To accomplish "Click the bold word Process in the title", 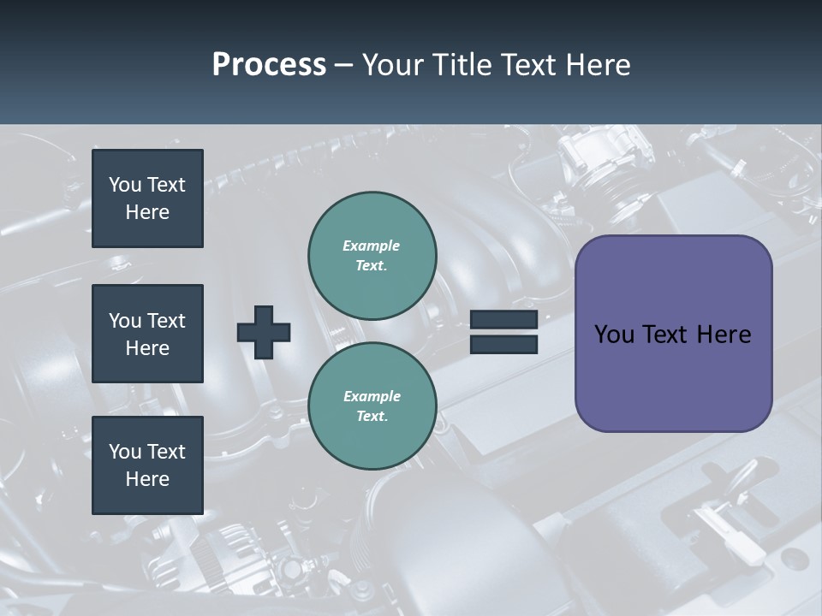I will pyautogui.click(x=269, y=65).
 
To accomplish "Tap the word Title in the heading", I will pyautogui.click(x=462, y=65).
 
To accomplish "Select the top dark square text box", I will pyautogui.click(x=147, y=198).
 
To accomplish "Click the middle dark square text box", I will pyautogui.click(x=147, y=334).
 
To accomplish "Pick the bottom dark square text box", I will pyautogui.click(x=147, y=465).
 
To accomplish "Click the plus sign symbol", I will pyautogui.click(x=264, y=331).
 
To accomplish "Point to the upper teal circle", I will pyautogui.click(x=372, y=255).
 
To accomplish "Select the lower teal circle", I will pyautogui.click(x=372, y=406).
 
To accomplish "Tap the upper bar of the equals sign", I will pyautogui.click(x=503, y=319).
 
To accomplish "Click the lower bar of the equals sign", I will pyautogui.click(x=503, y=344).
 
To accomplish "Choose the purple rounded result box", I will pyautogui.click(x=673, y=334).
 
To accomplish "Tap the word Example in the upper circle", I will pyautogui.click(x=372, y=246).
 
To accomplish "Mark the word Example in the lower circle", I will pyautogui.click(x=372, y=396).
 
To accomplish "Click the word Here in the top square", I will pyautogui.click(x=147, y=212).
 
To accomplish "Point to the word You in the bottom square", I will pyautogui.click(x=124, y=452).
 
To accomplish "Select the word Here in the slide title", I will pyautogui.click(x=599, y=65).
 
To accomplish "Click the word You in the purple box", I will pyautogui.click(x=614, y=335).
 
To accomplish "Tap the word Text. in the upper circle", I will pyautogui.click(x=372, y=265).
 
